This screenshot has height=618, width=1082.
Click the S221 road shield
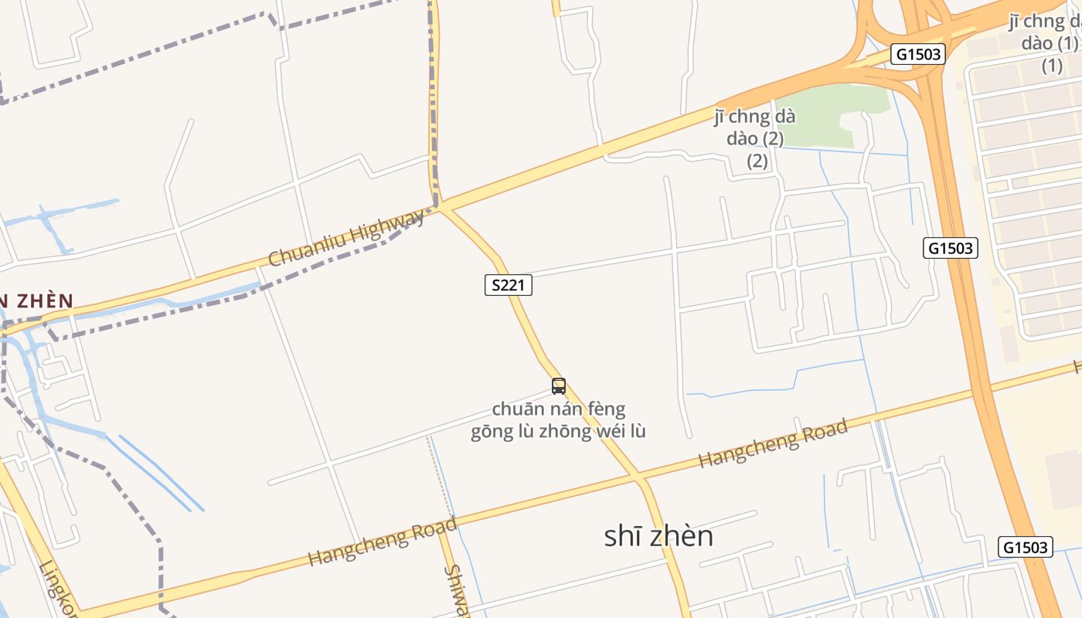click(508, 285)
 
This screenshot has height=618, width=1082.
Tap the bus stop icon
click(559, 386)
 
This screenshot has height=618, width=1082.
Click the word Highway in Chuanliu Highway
click(390, 226)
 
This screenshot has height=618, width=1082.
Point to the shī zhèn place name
click(658, 536)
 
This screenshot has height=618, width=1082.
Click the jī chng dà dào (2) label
click(754, 139)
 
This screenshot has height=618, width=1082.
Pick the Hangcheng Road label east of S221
click(773, 443)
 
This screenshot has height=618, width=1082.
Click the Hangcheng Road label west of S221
click(382, 542)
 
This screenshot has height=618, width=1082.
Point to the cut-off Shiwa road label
click(458, 592)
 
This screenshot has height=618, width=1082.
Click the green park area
click(827, 116)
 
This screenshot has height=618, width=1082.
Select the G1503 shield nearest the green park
click(917, 54)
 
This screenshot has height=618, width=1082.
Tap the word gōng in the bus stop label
click(491, 431)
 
